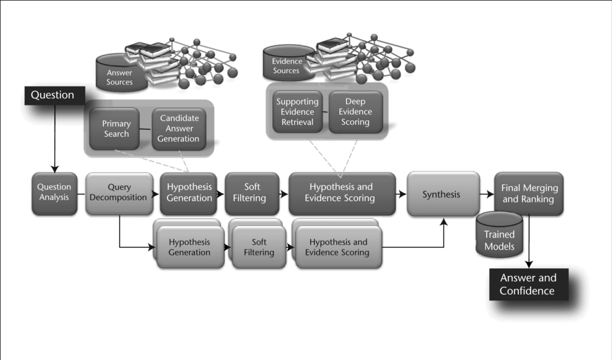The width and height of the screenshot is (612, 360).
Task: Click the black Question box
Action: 55,95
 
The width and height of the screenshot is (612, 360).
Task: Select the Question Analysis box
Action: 54,194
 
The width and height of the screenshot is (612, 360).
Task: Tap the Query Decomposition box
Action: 119,194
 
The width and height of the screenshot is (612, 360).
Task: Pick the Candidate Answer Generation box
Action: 179,129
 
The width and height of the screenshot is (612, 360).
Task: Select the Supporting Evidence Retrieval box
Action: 297,112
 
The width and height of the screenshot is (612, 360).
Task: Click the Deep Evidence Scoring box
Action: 355,112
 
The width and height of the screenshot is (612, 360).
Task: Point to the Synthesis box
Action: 443,194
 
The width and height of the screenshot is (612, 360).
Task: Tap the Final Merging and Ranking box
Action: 529,194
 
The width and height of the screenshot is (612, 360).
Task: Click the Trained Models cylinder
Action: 499,235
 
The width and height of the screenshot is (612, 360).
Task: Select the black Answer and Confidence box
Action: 529,284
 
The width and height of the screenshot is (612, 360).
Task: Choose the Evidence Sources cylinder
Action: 288,63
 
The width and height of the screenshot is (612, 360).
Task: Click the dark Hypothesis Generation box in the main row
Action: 188,194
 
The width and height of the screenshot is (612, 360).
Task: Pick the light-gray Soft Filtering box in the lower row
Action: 259,247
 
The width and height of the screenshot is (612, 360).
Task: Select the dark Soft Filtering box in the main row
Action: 252,194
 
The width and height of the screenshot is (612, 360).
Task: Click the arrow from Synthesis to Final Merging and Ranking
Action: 487,194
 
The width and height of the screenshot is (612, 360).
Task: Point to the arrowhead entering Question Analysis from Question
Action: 55,169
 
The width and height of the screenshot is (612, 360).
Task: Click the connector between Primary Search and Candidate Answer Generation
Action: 146,129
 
